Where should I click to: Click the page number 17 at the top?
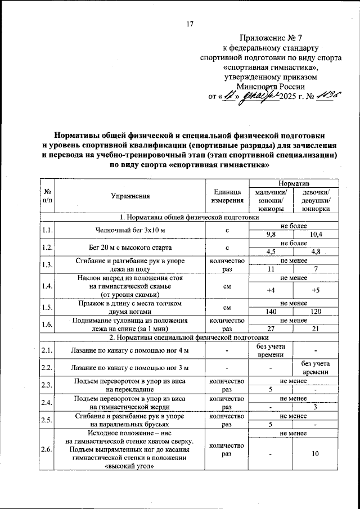point(190,23)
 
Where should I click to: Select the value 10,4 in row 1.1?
point(316,234)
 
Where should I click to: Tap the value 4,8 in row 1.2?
point(316,251)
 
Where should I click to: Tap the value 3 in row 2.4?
point(316,407)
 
